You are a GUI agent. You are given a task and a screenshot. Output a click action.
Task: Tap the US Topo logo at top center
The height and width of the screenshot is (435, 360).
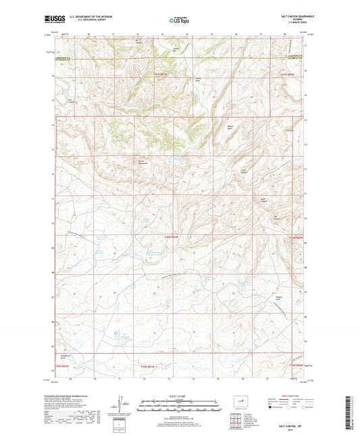coord(179,21)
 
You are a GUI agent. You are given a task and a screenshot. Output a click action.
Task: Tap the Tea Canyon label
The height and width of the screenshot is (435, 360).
coord(276,217)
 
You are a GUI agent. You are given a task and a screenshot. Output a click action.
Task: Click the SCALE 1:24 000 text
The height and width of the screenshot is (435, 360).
coord(179,396)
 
